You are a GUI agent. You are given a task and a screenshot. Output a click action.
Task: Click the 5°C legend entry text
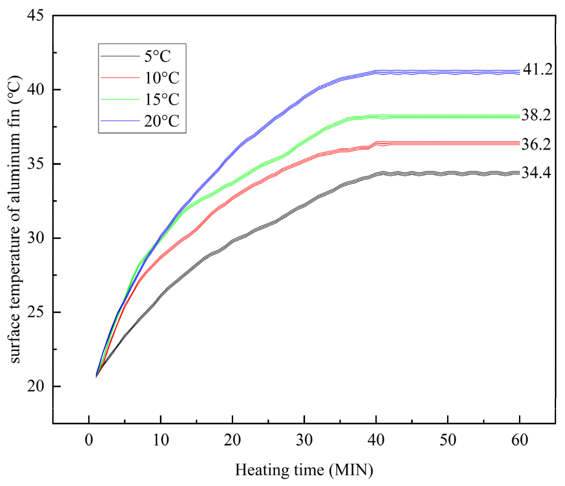[x=157, y=57]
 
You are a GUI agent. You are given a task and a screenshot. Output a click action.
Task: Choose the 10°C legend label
[x=162, y=78]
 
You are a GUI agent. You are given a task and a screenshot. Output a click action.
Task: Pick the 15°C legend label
[x=162, y=99]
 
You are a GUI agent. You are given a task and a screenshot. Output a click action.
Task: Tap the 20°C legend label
[x=162, y=121]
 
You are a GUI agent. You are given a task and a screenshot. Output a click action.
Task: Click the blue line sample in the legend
[x=120, y=121]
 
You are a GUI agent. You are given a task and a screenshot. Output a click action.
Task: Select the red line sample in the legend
[x=120, y=78]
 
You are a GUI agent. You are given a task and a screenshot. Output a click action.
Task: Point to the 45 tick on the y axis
[x=35, y=16]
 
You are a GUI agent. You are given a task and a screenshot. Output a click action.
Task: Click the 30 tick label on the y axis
[x=35, y=238]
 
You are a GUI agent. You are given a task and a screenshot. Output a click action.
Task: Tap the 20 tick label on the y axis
[x=35, y=387]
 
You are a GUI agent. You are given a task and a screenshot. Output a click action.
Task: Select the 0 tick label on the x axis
[x=89, y=440]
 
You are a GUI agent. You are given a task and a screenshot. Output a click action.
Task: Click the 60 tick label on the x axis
[x=519, y=440]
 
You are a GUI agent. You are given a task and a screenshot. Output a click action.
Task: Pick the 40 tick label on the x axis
[x=376, y=440]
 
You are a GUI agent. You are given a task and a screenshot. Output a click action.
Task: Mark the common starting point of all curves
[x=96, y=376]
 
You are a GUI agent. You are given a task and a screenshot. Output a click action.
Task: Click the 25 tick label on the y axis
[x=35, y=312]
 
